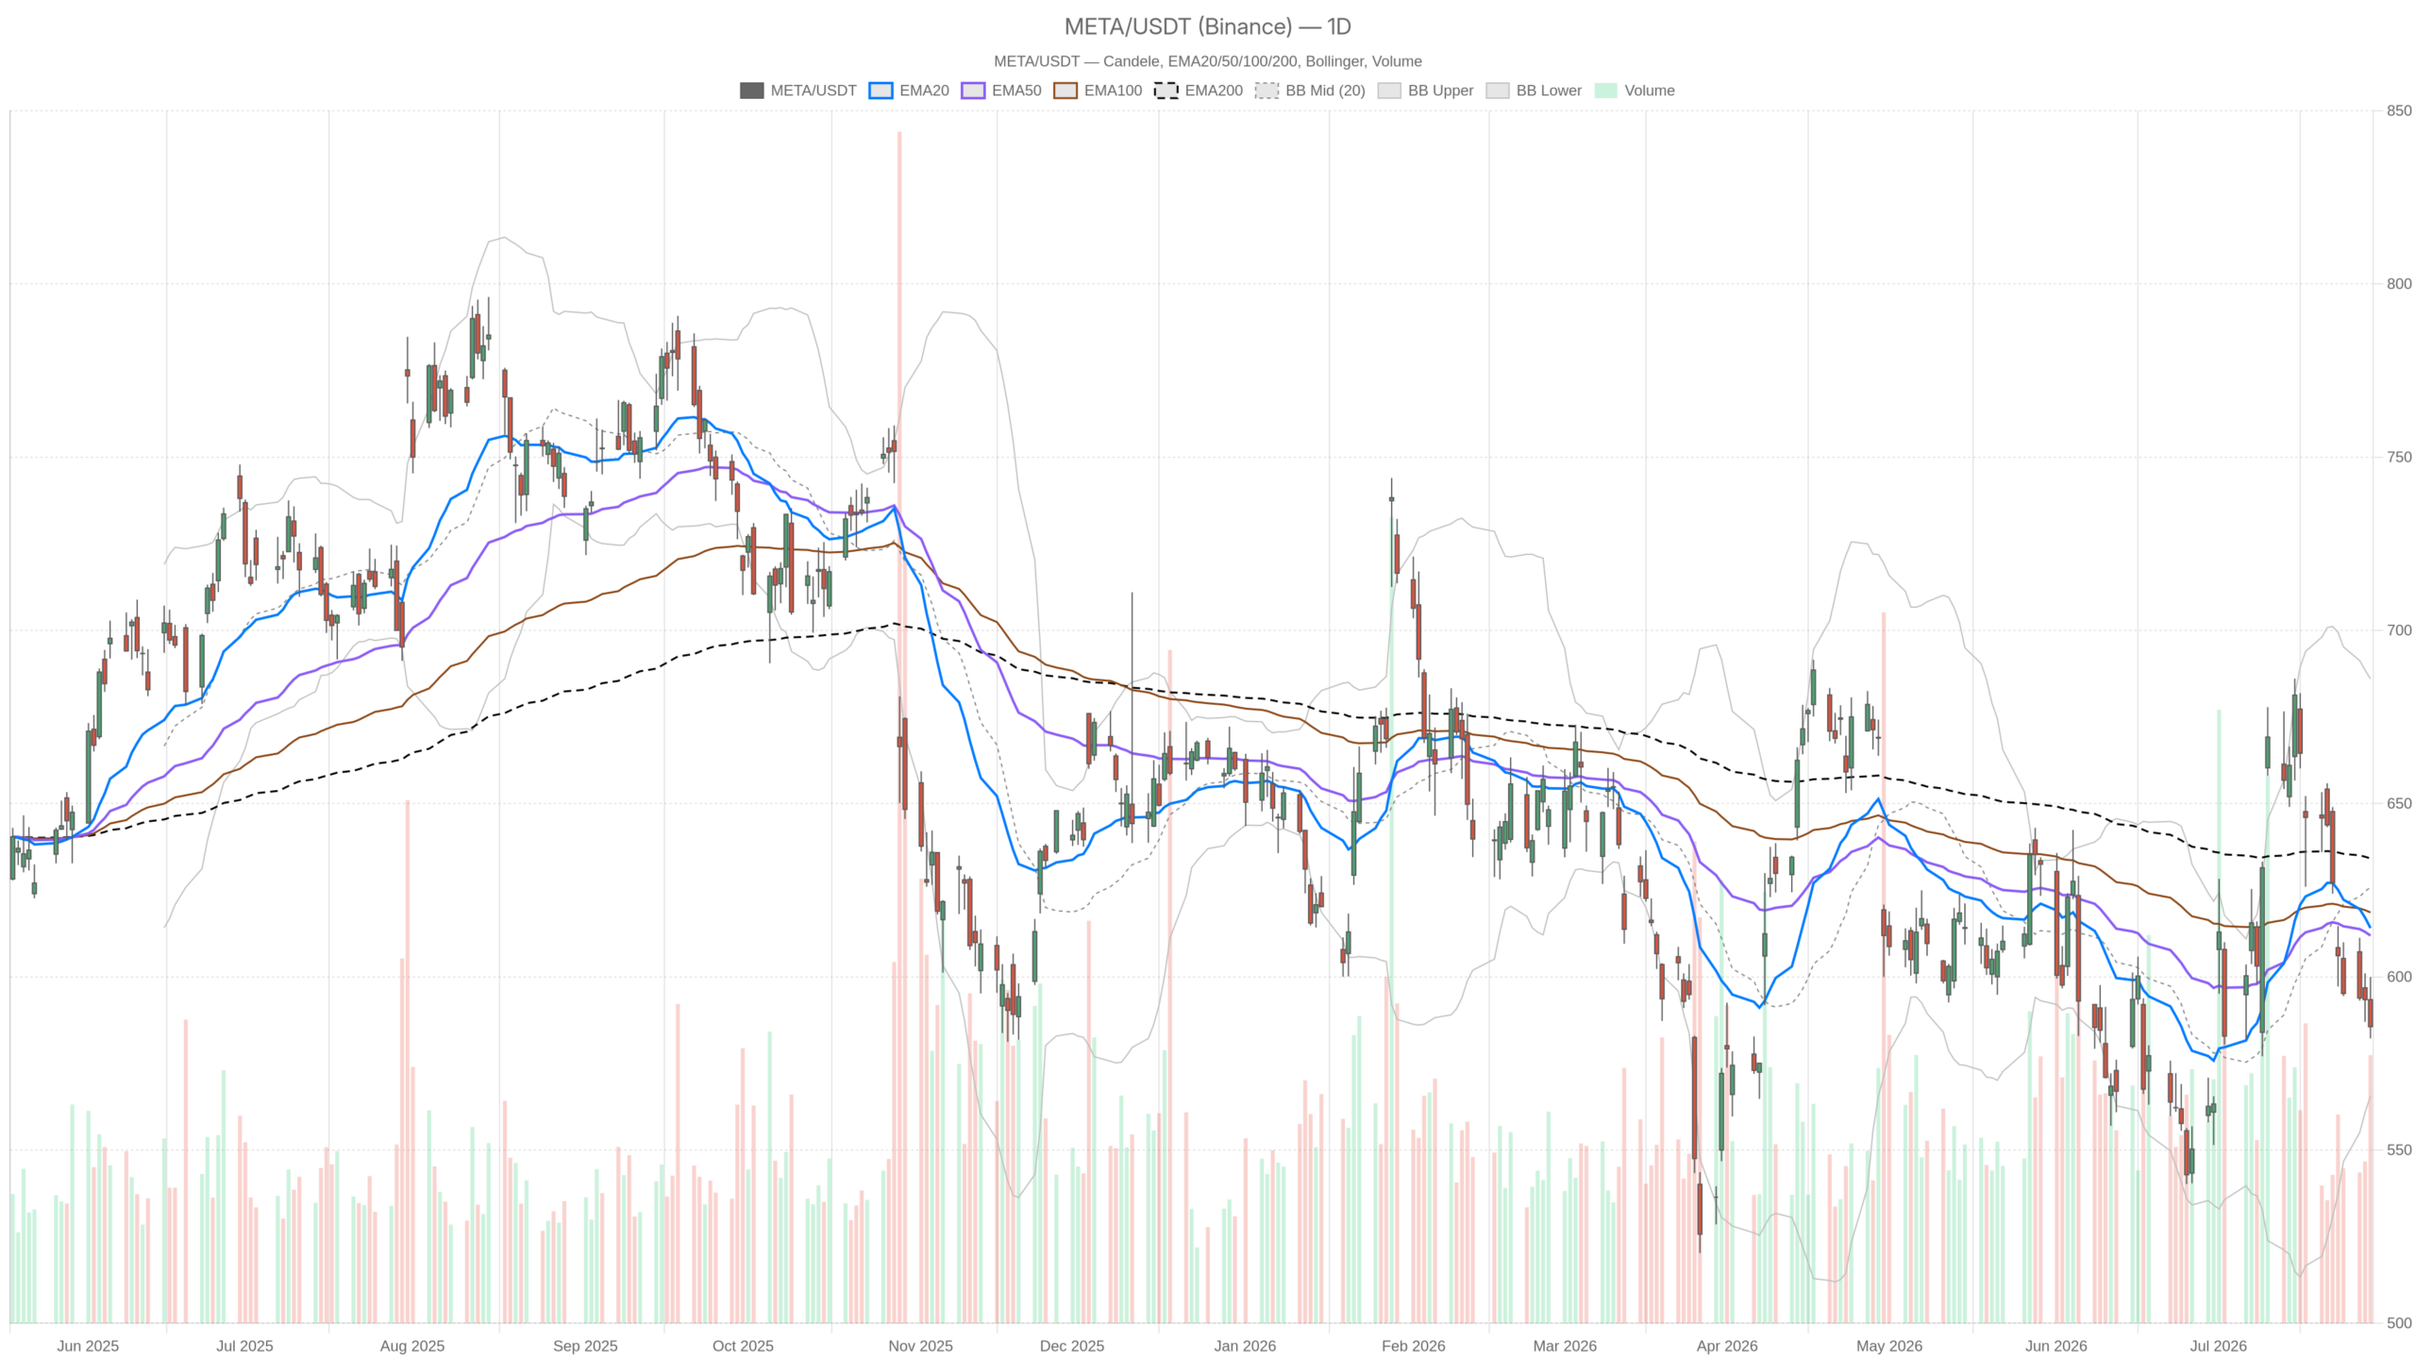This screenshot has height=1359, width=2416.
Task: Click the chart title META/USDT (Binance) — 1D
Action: pyautogui.click(x=1207, y=26)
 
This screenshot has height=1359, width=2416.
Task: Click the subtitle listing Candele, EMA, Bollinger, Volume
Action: pyautogui.click(x=1207, y=61)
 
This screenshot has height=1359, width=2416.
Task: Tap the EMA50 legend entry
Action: pyautogui.click(x=1001, y=91)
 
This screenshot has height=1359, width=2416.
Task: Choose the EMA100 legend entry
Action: pyautogui.click(x=1098, y=91)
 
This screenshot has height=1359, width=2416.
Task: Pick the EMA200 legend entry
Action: pyautogui.click(x=1199, y=91)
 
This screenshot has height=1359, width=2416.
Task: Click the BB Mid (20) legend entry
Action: pyautogui.click(x=1310, y=91)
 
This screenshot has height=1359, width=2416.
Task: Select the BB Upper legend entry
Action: pyautogui.click(x=1425, y=91)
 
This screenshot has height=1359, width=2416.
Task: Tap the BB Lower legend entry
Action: pyautogui.click(x=1534, y=91)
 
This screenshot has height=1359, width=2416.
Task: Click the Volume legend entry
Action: pyautogui.click(x=1635, y=91)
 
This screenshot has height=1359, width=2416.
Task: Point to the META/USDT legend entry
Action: pyautogui.click(x=798, y=91)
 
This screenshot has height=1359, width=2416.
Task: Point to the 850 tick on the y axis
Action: pyautogui.click(x=2398, y=110)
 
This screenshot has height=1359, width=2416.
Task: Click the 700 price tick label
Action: pyautogui.click(x=2398, y=630)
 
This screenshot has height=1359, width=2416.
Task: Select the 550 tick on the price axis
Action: pyautogui.click(x=2398, y=1149)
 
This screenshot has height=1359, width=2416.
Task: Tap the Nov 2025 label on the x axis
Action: pyautogui.click(x=920, y=1346)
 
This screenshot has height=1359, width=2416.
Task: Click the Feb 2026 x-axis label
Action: pyautogui.click(x=1413, y=1346)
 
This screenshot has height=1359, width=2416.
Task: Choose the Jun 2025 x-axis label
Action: pyautogui.click(x=88, y=1346)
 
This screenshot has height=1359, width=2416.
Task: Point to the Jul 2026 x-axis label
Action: pyautogui.click(x=2218, y=1346)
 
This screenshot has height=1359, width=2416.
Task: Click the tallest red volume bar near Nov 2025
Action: pyautogui.click(x=899, y=727)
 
